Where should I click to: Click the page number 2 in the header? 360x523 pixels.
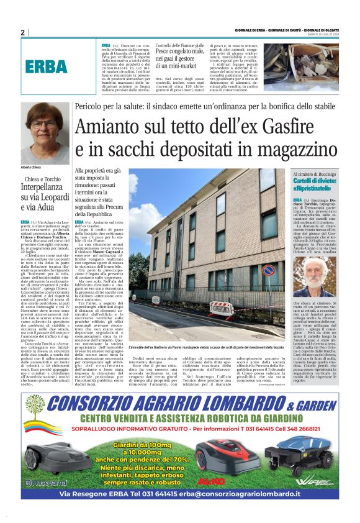(22, 32)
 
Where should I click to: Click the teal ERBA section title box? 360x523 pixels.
(47, 68)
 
